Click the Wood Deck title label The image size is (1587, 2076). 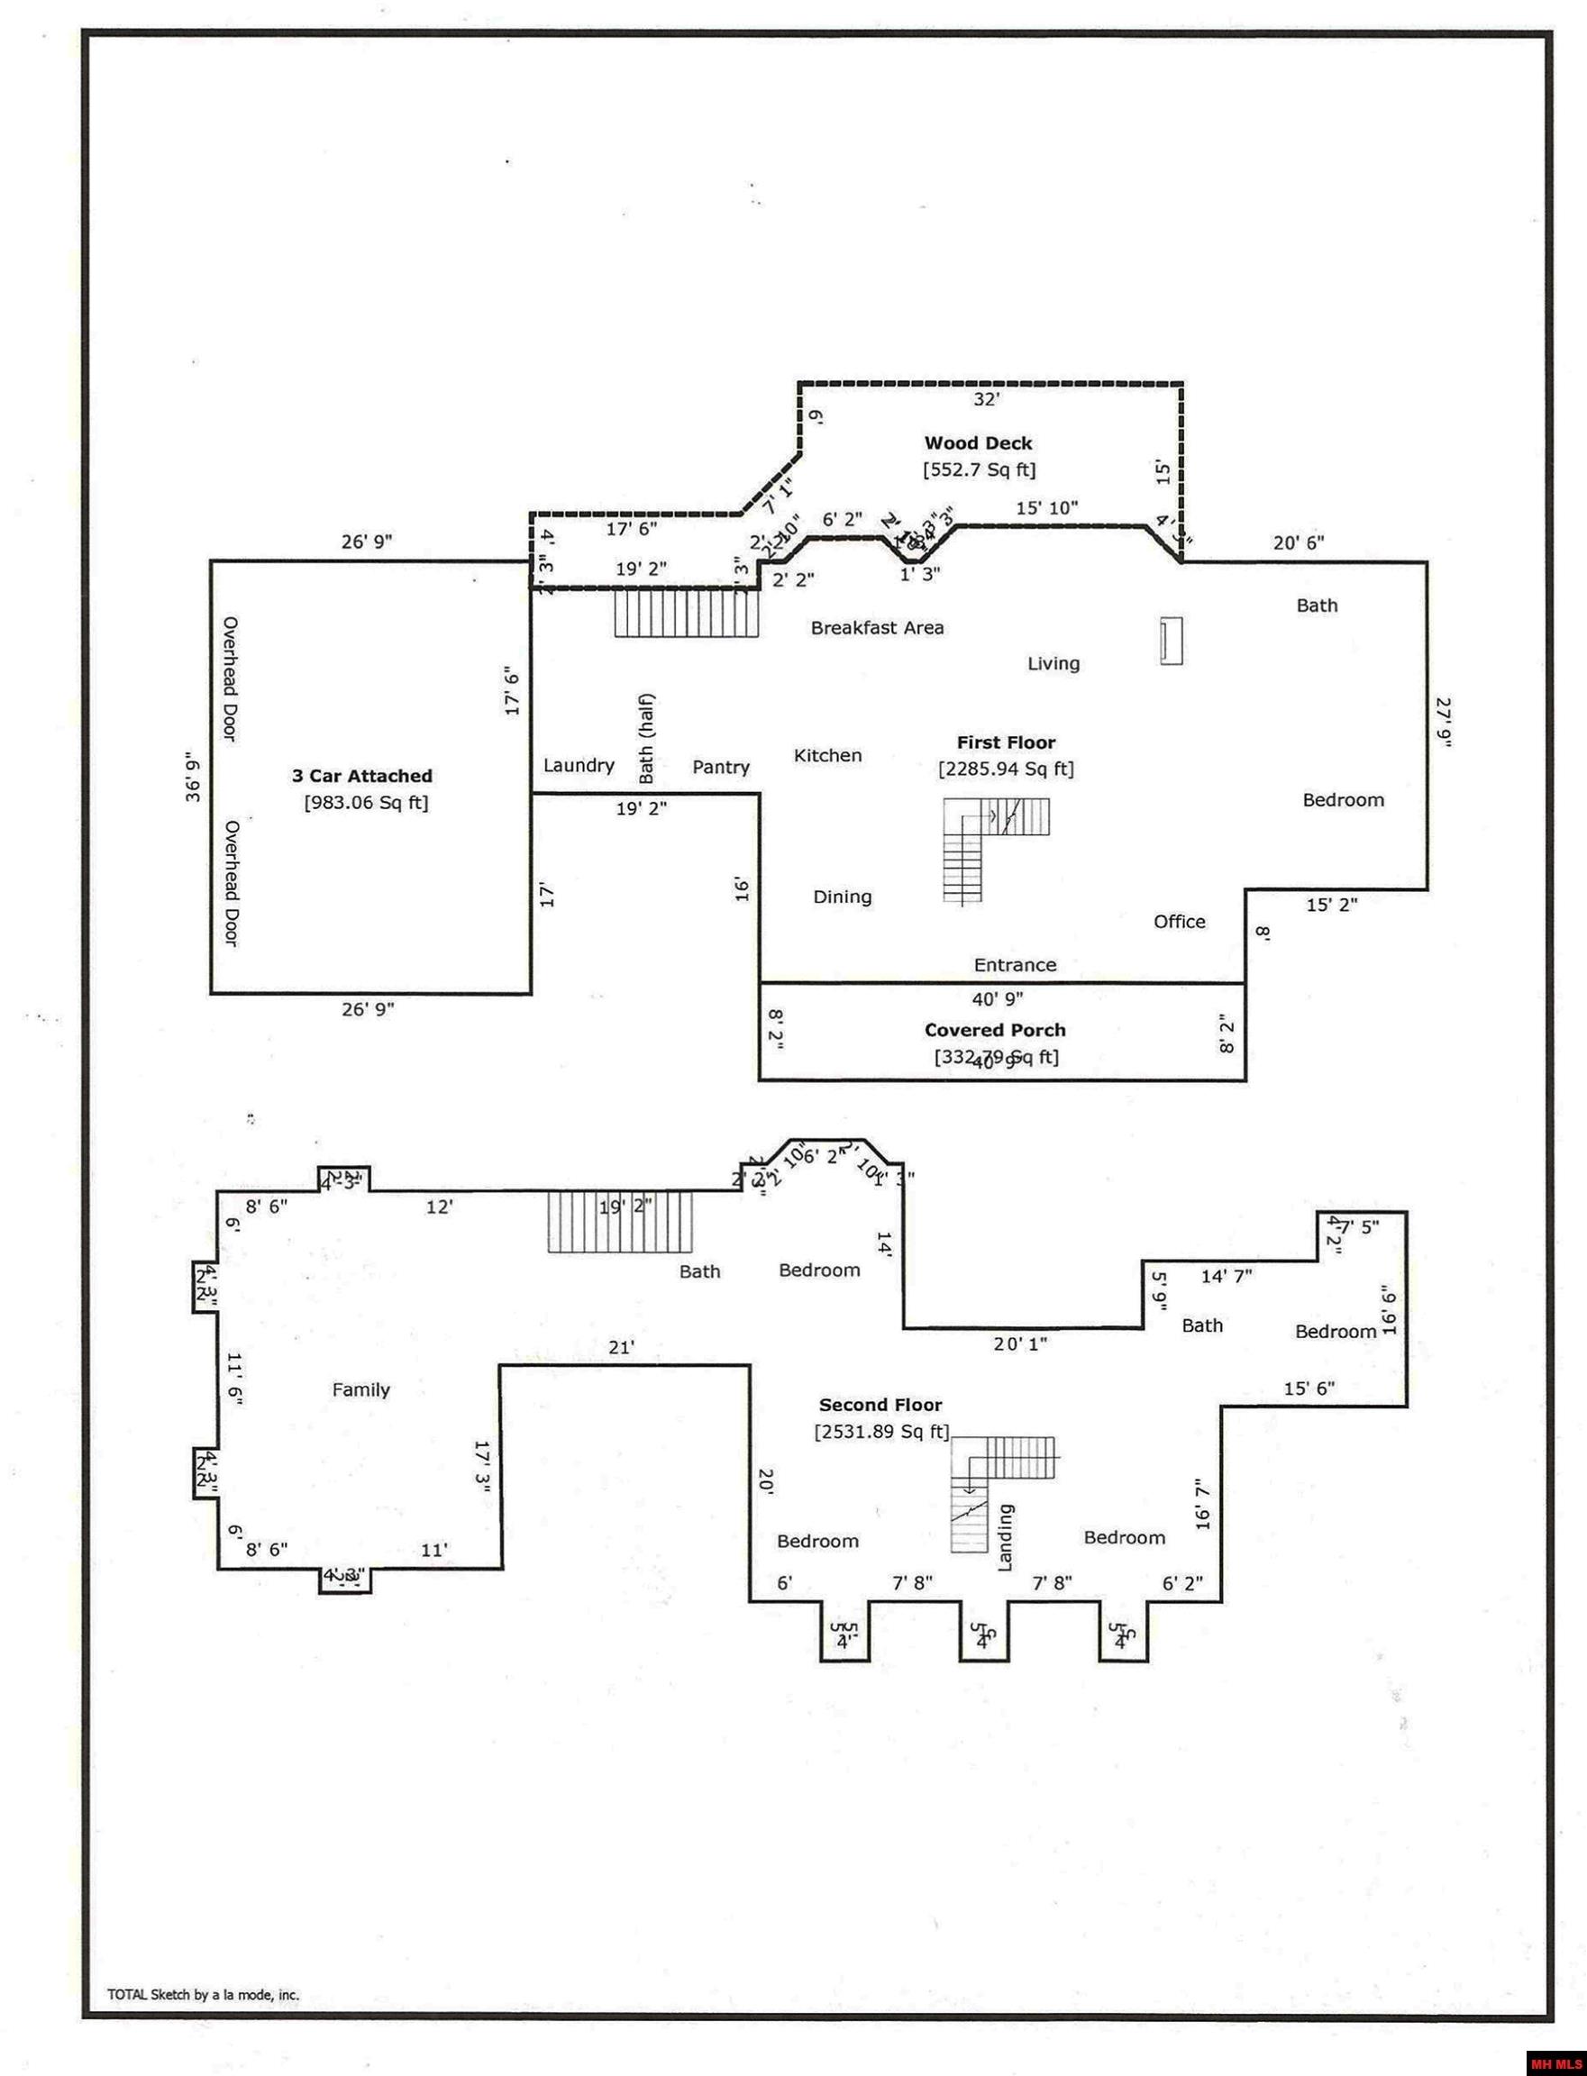click(978, 443)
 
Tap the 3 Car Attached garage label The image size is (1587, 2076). click(361, 776)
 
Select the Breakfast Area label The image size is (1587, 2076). click(877, 628)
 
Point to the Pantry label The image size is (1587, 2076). click(721, 767)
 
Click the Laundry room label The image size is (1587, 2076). click(579, 765)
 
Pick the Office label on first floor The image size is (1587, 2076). click(1179, 921)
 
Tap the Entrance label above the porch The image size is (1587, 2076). click(1015, 964)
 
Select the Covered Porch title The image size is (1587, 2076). click(995, 1030)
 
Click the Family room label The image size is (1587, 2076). click(360, 1389)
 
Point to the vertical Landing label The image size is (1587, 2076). click(1005, 1536)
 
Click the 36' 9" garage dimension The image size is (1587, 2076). click(193, 777)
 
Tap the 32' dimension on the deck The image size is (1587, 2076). click(985, 399)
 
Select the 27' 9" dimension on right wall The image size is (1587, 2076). click(1444, 723)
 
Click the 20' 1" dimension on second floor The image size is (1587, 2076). click(1019, 1343)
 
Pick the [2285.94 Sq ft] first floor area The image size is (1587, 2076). click(1005, 769)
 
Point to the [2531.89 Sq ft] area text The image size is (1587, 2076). click(881, 1432)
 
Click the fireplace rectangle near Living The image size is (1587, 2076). click(1172, 642)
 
